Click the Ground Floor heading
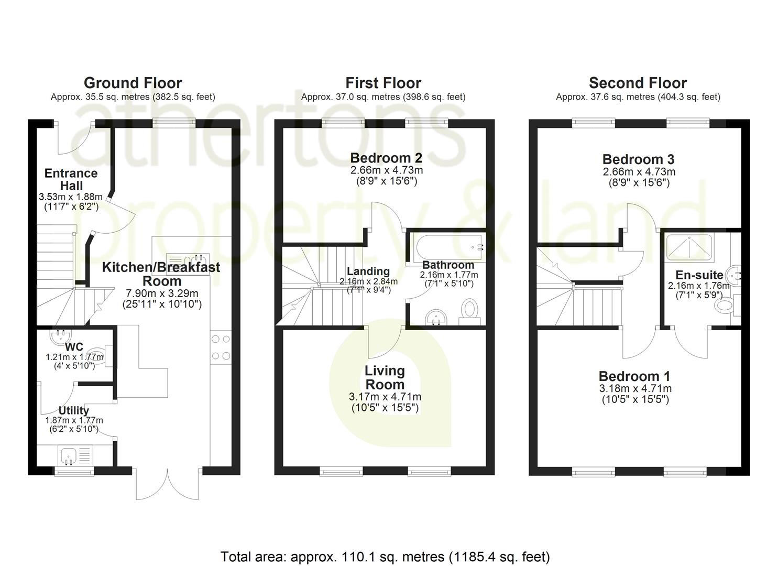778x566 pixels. pyautogui.click(x=133, y=83)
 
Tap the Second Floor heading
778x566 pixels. pyautogui.click(x=638, y=83)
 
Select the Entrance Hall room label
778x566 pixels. pyautogui.click(x=71, y=179)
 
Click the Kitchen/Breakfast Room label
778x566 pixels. pyautogui.click(x=161, y=274)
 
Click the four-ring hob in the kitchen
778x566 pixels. pyautogui.click(x=221, y=347)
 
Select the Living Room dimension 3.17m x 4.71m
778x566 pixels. pyautogui.click(x=385, y=397)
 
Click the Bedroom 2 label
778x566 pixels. pyautogui.click(x=386, y=158)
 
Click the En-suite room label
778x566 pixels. pyautogui.click(x=699, y=275)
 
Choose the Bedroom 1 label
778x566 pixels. pyautogui.click(x=634, y=376)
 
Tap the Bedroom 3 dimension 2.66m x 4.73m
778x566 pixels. pyautogui.click(x=639, y=172)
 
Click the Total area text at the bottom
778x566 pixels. pyautogui.click(x=385, y=556)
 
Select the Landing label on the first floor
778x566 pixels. pyautogui.click(x=368, y=271)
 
